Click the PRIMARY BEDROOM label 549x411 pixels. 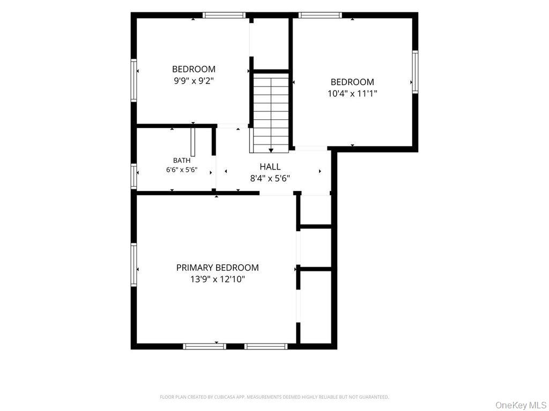[x=218, y=268]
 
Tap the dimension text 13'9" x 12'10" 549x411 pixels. [x=218, y=279]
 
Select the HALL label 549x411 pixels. [x=270, y=167]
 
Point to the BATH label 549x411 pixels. [x=182, y=161]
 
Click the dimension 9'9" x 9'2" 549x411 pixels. [x=194, y=81]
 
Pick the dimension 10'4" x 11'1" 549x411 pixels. [x=352, y=94]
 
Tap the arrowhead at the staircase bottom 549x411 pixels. [x=271, y=150]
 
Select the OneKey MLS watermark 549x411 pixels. [x=521, y=405]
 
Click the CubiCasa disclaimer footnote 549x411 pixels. [x=274, y=397]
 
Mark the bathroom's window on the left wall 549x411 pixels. [x=133, y=176]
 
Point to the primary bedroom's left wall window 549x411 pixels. [x=133, y=264]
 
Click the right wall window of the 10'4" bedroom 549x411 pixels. [x=415, y=72]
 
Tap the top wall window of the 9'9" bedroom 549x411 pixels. [x=224, y=15]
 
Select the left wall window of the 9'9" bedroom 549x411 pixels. [x=133, y=80]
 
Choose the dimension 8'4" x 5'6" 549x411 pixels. [x=270, y=179]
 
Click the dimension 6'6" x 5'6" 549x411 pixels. [x=182, y=170]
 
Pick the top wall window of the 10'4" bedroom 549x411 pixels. [x=320, y=15]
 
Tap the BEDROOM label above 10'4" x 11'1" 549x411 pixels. [x=352, y=82]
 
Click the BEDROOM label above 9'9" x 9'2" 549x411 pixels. [x=194, y=69]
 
